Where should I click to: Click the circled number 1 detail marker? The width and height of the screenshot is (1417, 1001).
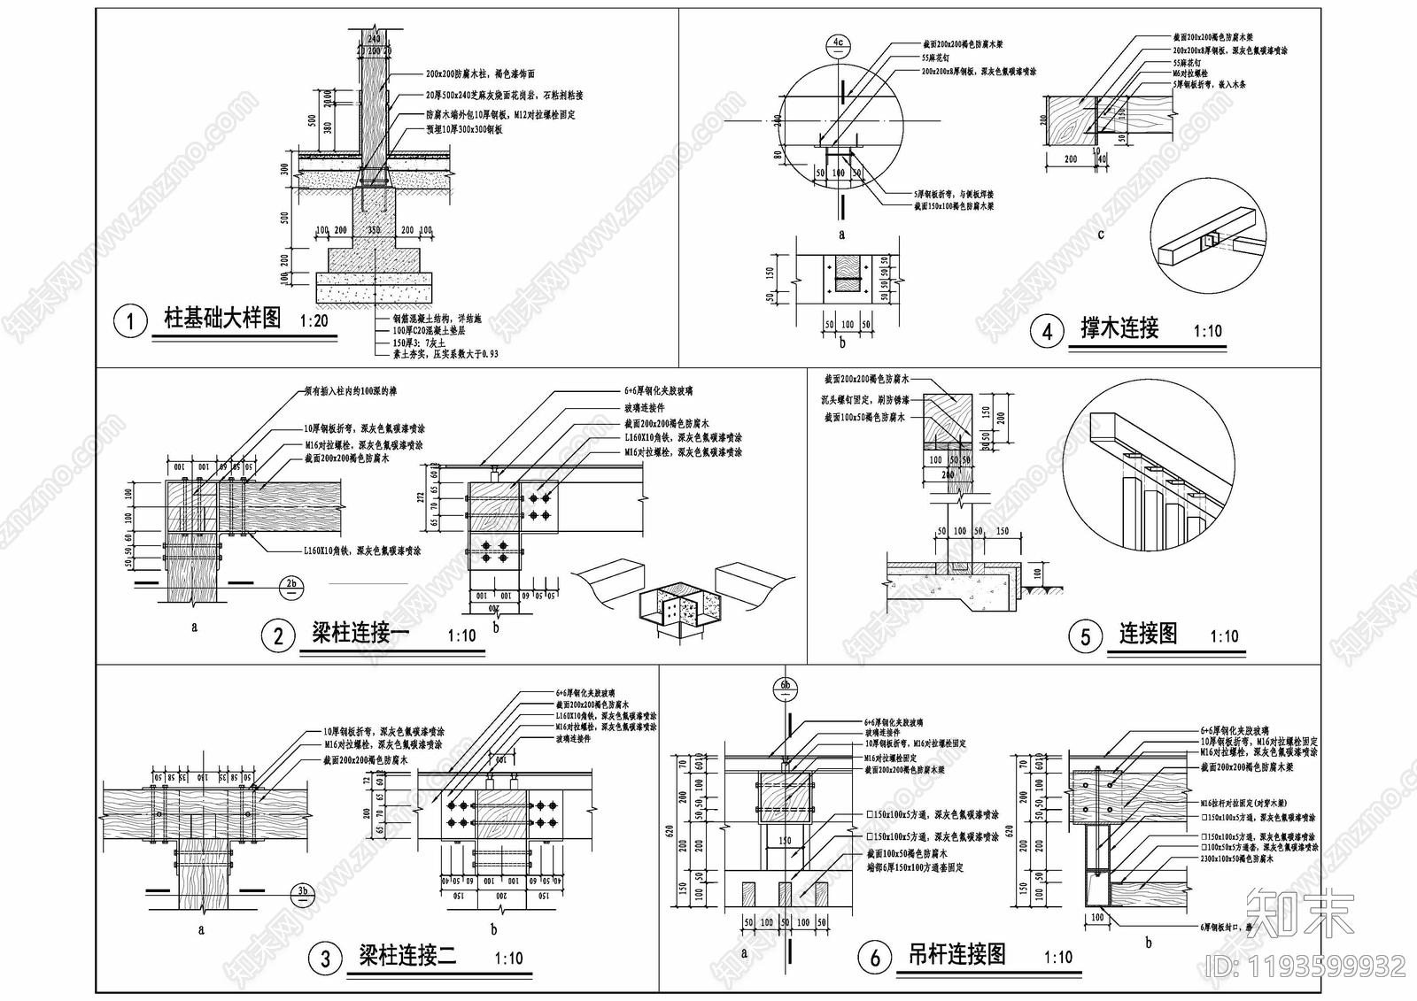click(x=130, y=320)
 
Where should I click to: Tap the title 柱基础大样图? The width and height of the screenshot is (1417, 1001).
click(x=222, y=319)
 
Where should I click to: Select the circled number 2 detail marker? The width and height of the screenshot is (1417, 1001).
click(x=278, y=635)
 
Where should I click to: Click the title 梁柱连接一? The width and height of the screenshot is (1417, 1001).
click(x=360, y=633)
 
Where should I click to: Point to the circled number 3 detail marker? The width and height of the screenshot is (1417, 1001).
click(x=325, y=959)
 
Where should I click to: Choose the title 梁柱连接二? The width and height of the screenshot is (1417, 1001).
click(x=407, y=956)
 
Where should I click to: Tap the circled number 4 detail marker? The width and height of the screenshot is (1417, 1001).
click(x=1048, y=331)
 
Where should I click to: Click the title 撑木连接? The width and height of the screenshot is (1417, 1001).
click(x=1119, y=328)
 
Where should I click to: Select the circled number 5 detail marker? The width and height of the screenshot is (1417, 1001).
click(x=1086, y=635)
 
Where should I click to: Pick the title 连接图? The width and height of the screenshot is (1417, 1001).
click(x=1148, y=633)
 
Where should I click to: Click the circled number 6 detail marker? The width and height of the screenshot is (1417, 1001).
click(x=875, y=957)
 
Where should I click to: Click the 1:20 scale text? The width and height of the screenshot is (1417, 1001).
click(x=314, y=321)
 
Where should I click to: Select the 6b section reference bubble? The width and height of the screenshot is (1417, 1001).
click(x=785, y=685)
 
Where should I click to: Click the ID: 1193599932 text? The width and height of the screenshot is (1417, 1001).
click(x=1305, y=965)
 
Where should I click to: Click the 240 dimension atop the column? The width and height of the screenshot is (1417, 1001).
click(x=373, y=39)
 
